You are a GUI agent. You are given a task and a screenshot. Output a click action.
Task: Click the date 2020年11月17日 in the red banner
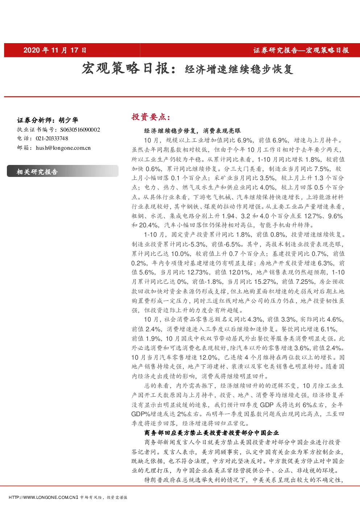click(55, 50)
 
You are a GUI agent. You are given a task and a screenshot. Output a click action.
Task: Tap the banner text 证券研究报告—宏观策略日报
click(301, 50)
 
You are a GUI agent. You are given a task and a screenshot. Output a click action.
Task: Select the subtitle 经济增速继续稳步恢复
click(239, 69)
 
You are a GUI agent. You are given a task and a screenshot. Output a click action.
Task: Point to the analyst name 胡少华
click(68, 120)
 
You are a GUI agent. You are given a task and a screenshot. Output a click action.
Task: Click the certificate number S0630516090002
click(80, 130)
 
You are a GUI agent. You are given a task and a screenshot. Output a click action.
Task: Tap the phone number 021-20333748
click(52, 138)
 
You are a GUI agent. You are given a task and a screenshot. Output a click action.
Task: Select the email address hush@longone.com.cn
click(63, 148)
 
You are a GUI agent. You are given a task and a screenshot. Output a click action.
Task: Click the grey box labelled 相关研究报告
click(62, 171)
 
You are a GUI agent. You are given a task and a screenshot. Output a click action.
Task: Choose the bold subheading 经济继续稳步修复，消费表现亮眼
click(192, 131)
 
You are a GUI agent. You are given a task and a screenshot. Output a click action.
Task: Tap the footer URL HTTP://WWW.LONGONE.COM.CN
click(43, 497)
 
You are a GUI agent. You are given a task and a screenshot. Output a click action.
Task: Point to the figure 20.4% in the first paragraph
click(148, 225)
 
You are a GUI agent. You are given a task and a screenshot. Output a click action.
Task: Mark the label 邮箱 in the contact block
click(23, 148)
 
